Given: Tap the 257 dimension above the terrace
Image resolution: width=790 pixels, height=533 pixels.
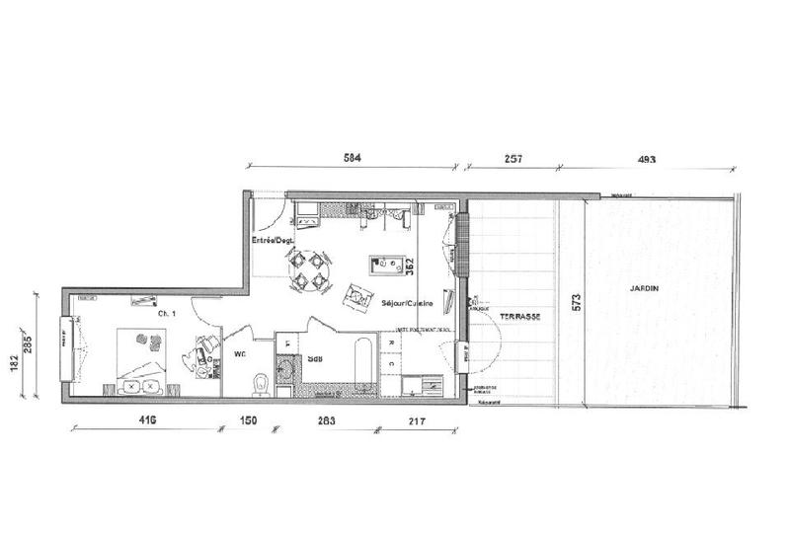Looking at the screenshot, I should click(511, 158).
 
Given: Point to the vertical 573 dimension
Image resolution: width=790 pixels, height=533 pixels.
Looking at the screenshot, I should click(577, 305).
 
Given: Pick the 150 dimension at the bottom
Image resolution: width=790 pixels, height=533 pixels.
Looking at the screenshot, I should click(249, 421).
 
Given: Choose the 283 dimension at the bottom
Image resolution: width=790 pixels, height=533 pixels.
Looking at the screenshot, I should click(326, 421).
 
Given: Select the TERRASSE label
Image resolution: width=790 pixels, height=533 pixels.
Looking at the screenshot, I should click(519, 316).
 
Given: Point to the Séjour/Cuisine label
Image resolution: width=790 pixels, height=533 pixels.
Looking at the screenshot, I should click(407, 304).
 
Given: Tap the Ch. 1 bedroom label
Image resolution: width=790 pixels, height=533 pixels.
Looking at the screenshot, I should click(166, 313).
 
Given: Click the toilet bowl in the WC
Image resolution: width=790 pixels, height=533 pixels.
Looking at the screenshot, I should click(261, 381).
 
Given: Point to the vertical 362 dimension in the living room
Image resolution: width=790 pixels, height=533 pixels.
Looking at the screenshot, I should click(408, 266).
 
